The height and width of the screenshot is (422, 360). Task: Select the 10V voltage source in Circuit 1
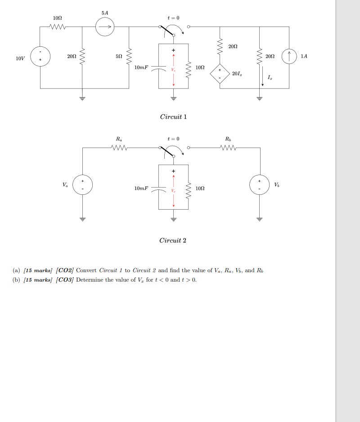(40, 59)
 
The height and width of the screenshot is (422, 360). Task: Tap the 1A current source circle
(289, 57)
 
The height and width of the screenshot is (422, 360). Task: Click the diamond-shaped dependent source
(220, 74)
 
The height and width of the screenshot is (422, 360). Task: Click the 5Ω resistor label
(118, 57)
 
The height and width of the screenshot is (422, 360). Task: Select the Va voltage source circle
(82, 184)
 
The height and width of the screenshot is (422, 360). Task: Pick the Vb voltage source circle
(260, 184)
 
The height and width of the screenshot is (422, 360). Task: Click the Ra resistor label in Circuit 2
(118, 139)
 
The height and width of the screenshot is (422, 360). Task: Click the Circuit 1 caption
(173, 117)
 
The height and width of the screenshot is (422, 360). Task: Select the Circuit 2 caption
(173, 240)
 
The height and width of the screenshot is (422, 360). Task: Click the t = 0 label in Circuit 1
(173, 18)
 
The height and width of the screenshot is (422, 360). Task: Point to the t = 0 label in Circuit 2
(173, 139)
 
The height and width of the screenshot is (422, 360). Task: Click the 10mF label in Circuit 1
(141, 67)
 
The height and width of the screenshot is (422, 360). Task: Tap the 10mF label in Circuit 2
(141, 188)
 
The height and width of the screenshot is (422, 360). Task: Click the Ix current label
(270, 78)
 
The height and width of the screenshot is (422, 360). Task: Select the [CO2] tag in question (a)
(65, 270)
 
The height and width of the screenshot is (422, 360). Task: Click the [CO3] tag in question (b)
(65, 280)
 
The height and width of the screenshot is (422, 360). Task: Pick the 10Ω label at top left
(57, 18)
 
